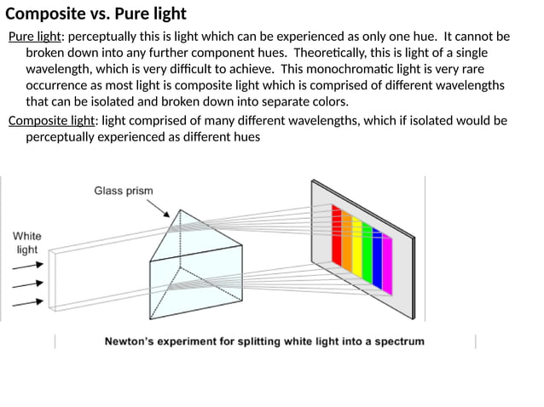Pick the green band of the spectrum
tap(367, 253)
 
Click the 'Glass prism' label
tap(123, 191)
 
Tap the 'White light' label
tap(26, 243)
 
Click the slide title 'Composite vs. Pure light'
tap(95, 14)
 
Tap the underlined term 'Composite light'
tap(52, 120)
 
